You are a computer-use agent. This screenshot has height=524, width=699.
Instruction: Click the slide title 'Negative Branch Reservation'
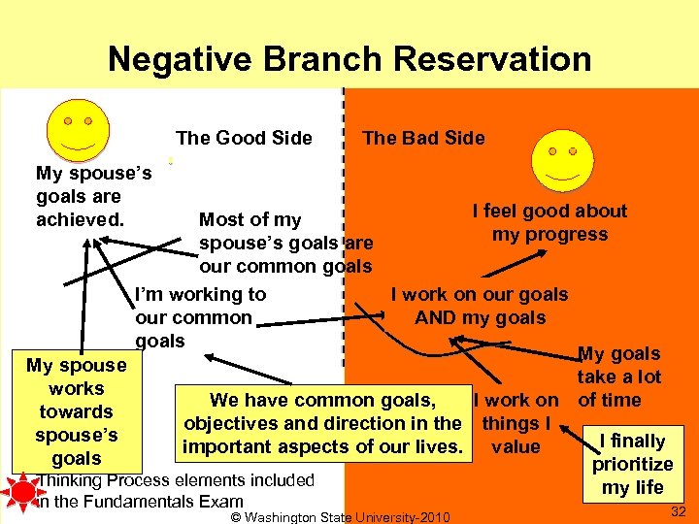[x=349, y=59]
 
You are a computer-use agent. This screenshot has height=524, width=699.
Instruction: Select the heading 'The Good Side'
[x=244, y=138]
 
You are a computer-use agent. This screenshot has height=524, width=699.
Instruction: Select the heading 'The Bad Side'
[x=423, y=138]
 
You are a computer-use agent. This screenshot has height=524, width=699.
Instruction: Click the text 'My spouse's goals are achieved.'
[x=92, y=197]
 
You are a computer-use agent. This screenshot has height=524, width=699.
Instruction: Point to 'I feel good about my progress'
[x=549, y=222]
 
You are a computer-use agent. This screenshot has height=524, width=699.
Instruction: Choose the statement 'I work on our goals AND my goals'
[x=480, y=306]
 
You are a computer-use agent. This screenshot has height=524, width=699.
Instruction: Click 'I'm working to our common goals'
[x=199, y=317]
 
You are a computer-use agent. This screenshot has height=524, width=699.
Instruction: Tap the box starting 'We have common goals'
[x=322, y=423]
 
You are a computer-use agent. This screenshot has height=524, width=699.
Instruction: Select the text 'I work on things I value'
[x=515, y=423]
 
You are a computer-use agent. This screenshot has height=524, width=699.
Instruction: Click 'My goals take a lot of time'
[x=618, y=377]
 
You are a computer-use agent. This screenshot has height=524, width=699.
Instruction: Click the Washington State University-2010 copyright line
[x=341, y=517]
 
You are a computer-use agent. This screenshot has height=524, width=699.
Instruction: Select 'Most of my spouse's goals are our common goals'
[x=285, y=243]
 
